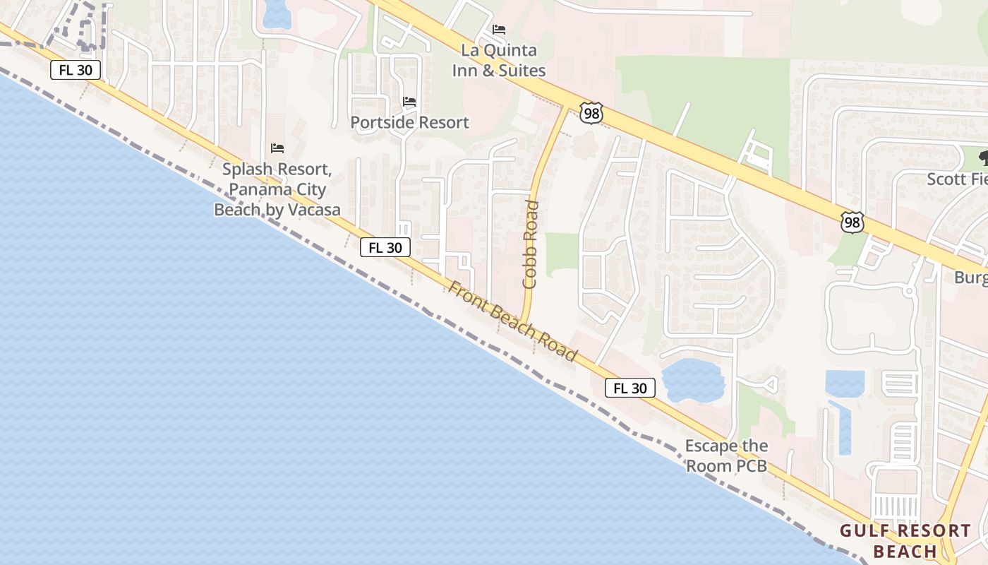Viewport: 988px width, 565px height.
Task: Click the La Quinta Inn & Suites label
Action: click(499, 61)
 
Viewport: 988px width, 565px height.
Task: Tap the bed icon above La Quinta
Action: click(499, 30)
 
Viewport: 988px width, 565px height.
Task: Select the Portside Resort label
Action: click(409, 122)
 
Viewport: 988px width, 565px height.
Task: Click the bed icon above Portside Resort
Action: click(409, 102)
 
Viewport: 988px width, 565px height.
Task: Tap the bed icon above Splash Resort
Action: click(277, 148)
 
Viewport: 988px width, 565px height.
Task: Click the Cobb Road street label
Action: click(531, 244)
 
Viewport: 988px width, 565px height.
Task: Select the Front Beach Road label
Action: click(513, 321)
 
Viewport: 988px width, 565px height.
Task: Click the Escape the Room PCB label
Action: click(726, 456)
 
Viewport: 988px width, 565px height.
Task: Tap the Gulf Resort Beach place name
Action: click(905, 541)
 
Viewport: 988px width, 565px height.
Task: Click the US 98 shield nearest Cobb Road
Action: click(591, 113)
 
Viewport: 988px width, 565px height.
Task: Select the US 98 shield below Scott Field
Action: click(852, 222)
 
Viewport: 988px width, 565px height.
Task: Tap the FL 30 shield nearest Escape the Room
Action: click(629, 388)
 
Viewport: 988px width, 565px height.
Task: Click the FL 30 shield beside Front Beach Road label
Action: click(385, 247)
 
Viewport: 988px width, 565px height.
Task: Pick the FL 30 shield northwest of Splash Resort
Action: click(76, 70)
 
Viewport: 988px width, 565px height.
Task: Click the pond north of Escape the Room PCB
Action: click(693, 379)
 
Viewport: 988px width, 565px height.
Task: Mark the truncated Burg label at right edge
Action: click(970, 278)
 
